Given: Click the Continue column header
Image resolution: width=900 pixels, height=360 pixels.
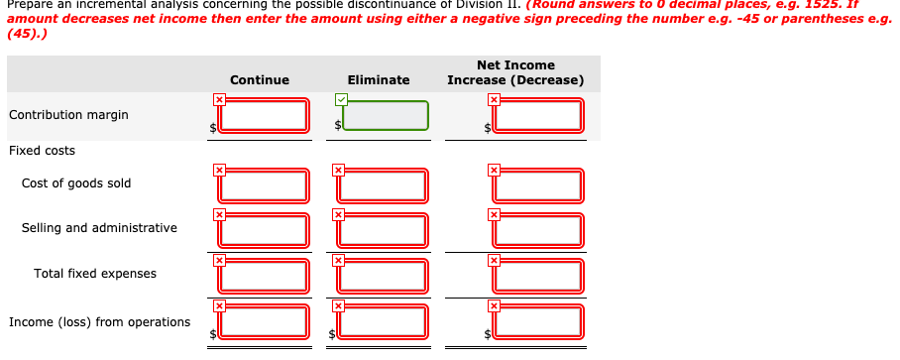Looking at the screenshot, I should pyautogui.click(x=260, y=80).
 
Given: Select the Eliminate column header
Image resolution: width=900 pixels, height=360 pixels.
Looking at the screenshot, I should pyautogui.click(x=379, y=80).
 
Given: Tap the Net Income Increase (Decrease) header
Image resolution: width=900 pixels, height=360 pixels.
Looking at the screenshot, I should pyautogui.click(x=515, y=72).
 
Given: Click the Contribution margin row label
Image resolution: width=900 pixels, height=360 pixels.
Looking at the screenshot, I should pyautogui.click(x=68, y=115).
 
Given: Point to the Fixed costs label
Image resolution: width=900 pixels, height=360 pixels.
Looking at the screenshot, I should pyautogui.click(x=42, y=151).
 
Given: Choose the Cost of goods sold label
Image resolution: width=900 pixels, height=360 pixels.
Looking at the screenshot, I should pyautogui.click(x=76, y=183).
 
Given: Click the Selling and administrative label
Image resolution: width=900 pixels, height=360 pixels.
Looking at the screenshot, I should pyautogui.click(x=99, y=228).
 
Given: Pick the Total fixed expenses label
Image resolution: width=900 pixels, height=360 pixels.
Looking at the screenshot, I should pyautogui.click(x=95, y=274).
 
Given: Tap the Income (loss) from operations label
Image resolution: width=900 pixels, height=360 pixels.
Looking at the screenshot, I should pyautogui.click(x=99, y=322).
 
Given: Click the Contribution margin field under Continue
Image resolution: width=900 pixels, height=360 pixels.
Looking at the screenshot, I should pyautogui.click(x=265, y=116).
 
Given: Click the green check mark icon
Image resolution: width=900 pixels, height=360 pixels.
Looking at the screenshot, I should pyautogui.click(x=341, y=99).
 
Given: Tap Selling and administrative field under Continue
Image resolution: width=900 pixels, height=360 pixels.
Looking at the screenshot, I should pyautogui.click(x=265, y=230).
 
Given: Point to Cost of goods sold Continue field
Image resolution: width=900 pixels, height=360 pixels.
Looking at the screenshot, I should pyautogui.click(x=265, y=185).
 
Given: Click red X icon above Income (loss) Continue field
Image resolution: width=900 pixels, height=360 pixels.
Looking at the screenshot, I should pyautogui.click(x=220, y=305).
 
